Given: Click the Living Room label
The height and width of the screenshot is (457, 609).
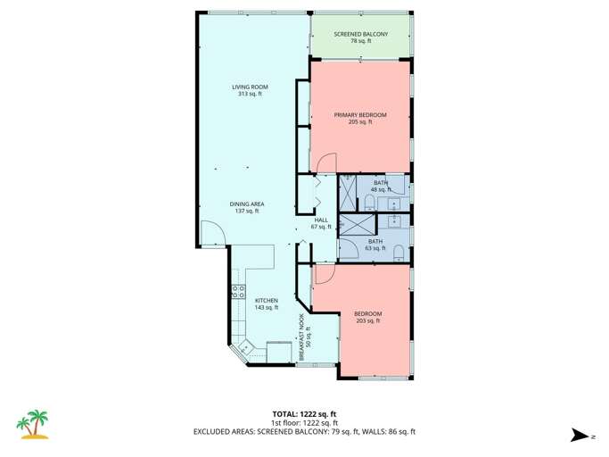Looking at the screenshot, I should [250, 90].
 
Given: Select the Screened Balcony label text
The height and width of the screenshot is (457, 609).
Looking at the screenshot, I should [361, 37].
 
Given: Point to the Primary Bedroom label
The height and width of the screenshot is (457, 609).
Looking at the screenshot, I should [360, 118].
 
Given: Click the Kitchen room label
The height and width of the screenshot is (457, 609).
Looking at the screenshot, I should [267, 303].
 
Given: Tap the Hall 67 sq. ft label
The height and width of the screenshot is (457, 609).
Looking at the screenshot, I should [321, 224].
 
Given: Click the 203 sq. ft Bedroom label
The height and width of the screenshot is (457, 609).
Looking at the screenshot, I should [367, 317].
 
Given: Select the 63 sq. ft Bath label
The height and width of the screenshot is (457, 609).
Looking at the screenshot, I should [375, 245].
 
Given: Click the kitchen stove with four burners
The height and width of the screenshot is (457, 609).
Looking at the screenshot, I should [239, 291].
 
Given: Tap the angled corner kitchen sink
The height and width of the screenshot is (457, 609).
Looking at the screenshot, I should [246, 349].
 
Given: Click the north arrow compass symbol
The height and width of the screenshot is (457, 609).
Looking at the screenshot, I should [581, 435].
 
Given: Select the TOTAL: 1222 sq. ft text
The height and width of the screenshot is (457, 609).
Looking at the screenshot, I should [304, 414].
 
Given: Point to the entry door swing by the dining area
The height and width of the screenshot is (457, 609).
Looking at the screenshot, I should [210, 234].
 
